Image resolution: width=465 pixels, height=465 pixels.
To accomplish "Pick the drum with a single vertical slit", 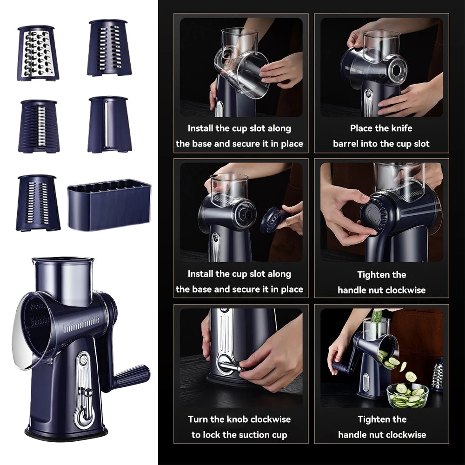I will click(x=108, y=124).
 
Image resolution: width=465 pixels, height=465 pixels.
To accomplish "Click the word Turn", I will click(x=198, y=419).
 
